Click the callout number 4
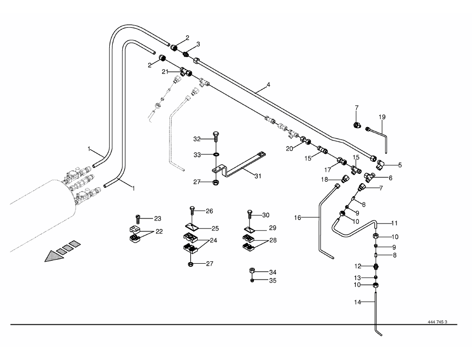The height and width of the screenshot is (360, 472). [x=268, y=85]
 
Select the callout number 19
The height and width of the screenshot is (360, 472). [x=382, y=117]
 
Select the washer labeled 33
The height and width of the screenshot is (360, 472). [x=215, y=155]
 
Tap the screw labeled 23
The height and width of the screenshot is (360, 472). [x=138, y=218]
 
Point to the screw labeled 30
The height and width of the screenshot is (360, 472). [x=249, y=216]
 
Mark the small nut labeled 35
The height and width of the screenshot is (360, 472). [x=252, y=281]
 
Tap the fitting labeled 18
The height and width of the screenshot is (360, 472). [x=344, y=178]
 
